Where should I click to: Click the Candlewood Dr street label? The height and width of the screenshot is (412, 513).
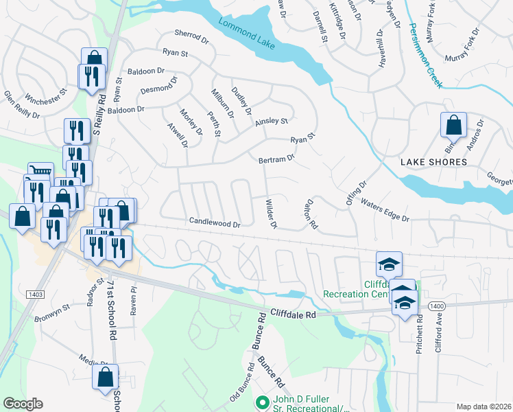pyautogui.click(x=215, y=224)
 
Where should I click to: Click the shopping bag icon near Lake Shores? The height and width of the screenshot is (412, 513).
pyautogui.click(x=453, y=126)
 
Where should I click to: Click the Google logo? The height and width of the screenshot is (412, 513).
pyautogui.click(x=23, y=404)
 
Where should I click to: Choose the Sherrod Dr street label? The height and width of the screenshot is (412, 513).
pyautogui.click(x=191, y=34)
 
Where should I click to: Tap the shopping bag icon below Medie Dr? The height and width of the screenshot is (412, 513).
pyautogui.click(x=105, y=377)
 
